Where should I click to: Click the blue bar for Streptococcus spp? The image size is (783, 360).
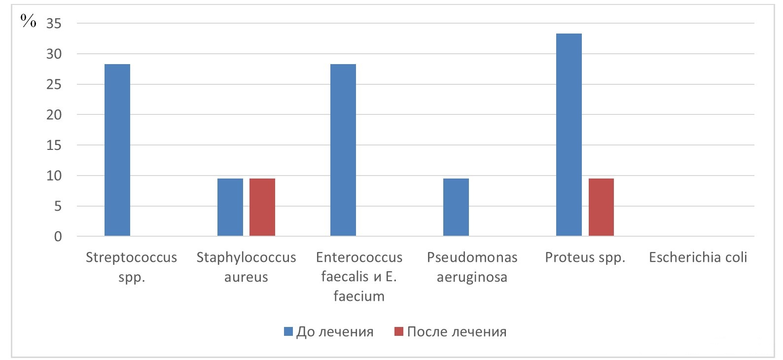click(x=117, y=150)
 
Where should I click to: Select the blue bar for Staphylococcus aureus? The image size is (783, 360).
click(x=230, y=207)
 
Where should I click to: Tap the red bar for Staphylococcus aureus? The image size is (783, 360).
click(x=262, y=207)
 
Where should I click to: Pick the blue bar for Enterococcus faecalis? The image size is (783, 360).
click(x=343, y=150)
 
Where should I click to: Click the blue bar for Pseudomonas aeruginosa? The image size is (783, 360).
click(x=456, y=207)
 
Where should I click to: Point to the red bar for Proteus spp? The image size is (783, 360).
click(x=601, y=207)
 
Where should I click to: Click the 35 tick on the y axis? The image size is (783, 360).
click(x=54, y=24)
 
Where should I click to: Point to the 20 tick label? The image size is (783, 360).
click(x=54, y=115)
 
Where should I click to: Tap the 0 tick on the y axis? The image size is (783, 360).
click(x=58, y=237)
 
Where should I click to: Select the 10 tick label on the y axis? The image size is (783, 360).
click(x=54, y=176)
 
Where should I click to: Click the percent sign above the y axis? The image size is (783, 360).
click(x=28, y=21)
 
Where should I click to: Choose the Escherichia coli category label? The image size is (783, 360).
click(x=698, y=257)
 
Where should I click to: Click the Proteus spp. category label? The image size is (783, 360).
click(x=585, y=257)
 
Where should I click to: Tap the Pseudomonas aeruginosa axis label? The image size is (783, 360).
click(x=472, y=267)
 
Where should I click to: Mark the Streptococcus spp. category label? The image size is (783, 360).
click(x=131, y=267)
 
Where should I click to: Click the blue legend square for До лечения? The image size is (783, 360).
click(x=288, y=332)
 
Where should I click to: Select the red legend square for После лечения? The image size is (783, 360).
click(x=399, y=332)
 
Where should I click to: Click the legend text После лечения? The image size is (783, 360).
click(x=457, y=332)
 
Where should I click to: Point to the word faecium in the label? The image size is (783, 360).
click(x=359, y=296)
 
